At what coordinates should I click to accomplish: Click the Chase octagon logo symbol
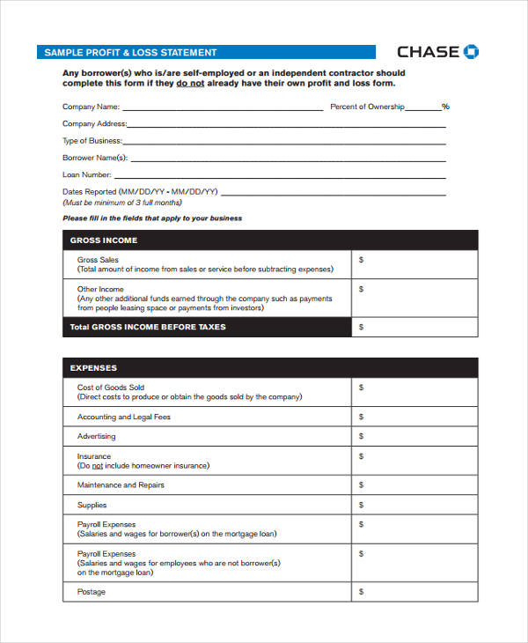pyautogui.click(x=472, y=51)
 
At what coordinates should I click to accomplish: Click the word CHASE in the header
pyautogui.click(x=428, y=52)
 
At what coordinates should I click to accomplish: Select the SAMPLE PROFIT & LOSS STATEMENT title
pyautogui.click(x=130, y=53)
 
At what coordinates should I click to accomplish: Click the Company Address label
pyautogui.click(x=94, y=124)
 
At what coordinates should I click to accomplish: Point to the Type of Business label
pyautogui.click(x=92, y=141)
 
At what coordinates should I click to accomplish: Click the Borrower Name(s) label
pyautogui.click(x=95, y=158)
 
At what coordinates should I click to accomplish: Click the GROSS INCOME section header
pyautogui.click(x=104, y=240)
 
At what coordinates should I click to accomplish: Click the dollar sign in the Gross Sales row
pyautogui.click(x=361, y=261)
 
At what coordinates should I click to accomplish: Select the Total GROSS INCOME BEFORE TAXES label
pyautogui.click(x=148, y=327)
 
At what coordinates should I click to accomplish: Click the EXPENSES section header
pyautogui.click(x=93, y=368)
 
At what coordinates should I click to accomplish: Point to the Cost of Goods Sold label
pyautogui.click(x=111, y=388)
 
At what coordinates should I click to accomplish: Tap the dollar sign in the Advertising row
pyautogui.click(x=361, y=437)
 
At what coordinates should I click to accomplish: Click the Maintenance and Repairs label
pyautogui.click(x=121, y=485)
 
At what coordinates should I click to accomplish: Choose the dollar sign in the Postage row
pyautogui.click(x=361, y=592)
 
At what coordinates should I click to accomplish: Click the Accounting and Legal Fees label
pyautogui.click(x=124, y=417)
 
